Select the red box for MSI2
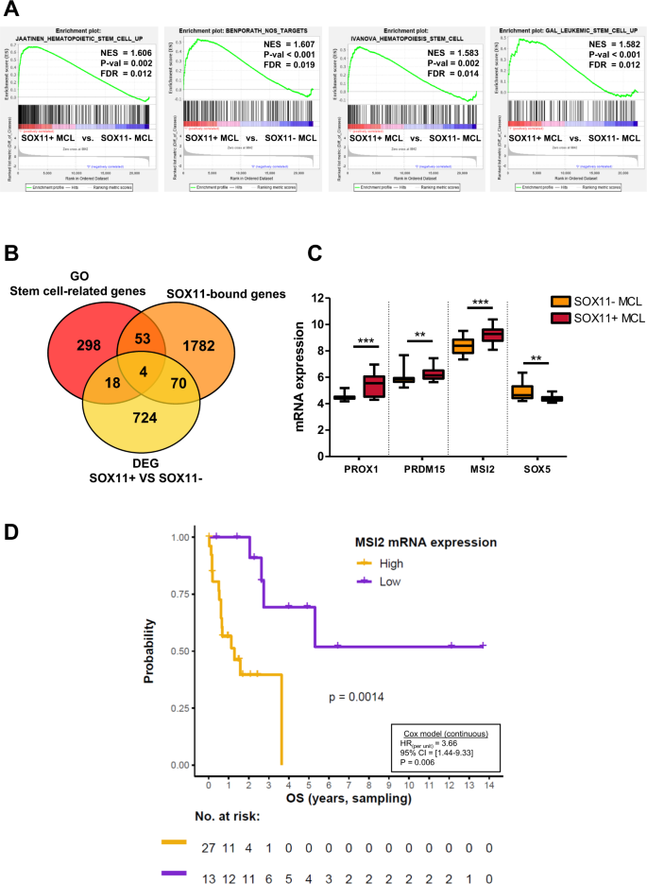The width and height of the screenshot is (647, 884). [493, 335]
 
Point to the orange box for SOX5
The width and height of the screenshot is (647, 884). [521, 391]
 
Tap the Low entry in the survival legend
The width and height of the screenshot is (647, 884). [386, 581]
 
